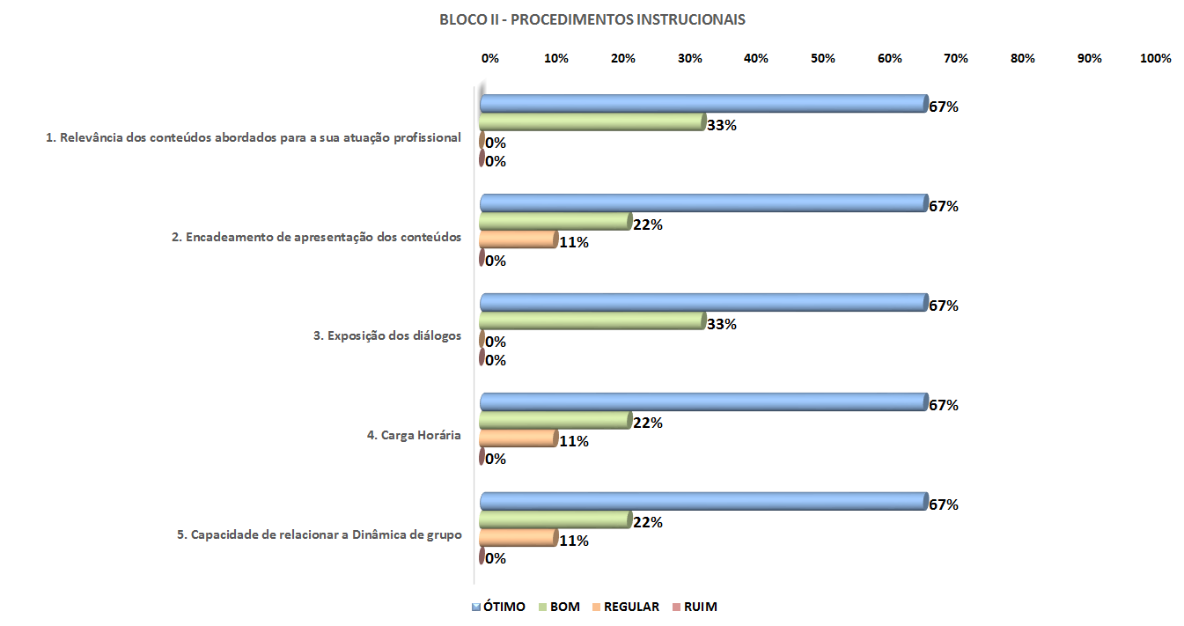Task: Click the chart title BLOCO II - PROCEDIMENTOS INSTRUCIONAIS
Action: (592, 19)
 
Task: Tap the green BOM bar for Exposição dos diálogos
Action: (592, 321)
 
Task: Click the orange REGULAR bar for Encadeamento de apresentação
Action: (518, 240)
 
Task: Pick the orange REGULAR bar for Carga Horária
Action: (518, 439)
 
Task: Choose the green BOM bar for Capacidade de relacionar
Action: (555, 520)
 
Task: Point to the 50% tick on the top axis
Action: (822, 58)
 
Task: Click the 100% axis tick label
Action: (1155, 58)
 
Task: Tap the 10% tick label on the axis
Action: (555, 58)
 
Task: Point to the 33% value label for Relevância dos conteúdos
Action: (721, 125)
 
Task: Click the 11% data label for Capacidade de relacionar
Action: (573, 541)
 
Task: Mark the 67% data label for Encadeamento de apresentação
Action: (943, 206)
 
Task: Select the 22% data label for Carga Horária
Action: (647, 423)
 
